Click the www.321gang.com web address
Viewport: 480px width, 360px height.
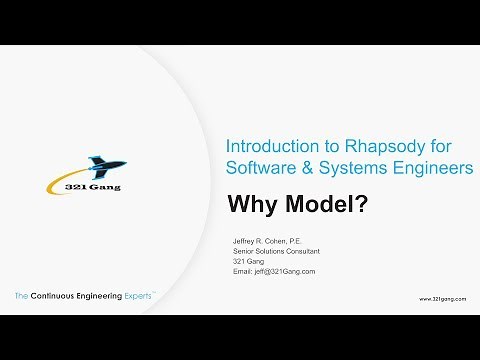coord(439,298)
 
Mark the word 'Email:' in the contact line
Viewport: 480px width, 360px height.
coord(243,271)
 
